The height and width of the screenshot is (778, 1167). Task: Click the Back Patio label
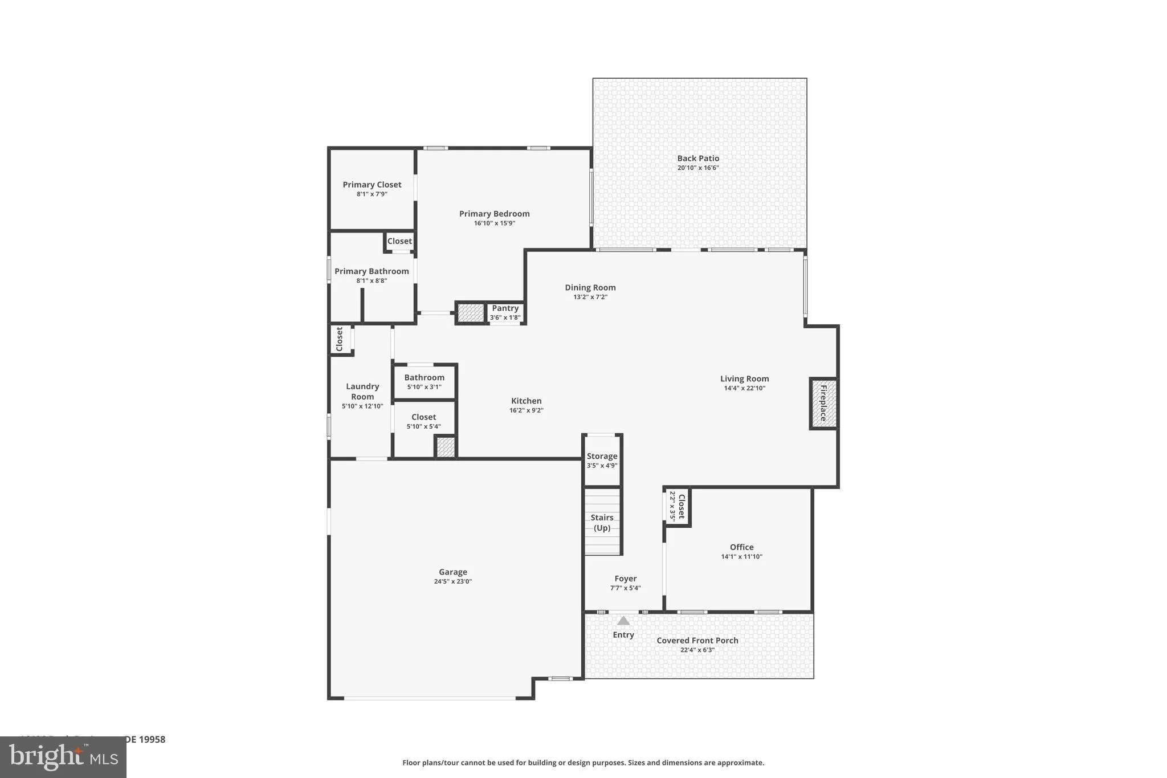coord(698,158)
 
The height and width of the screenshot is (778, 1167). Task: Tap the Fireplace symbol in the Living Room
coord(823,404)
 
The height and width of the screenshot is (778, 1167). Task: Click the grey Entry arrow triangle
coord(623,621)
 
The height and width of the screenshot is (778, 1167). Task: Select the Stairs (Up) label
coord(602,522)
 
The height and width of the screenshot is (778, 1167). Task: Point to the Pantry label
coord(505,308)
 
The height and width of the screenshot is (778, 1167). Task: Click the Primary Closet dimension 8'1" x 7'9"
coord(372,194)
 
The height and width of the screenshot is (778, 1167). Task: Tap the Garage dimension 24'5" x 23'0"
coord(453,582)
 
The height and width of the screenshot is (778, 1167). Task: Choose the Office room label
coord(741,547)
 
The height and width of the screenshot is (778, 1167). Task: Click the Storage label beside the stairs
coord(602,457)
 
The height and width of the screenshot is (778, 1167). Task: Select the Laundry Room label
coord(362,392)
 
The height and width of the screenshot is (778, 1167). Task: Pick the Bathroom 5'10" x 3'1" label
coord(424,378)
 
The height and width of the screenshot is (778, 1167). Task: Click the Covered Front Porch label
coord(697,641)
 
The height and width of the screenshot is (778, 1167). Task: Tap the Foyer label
coord(625,579)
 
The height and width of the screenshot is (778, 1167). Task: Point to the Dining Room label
coord(590,288)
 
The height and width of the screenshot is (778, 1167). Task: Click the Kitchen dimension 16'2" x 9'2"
coord(526,410)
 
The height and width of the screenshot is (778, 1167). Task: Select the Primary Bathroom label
coord(372,271)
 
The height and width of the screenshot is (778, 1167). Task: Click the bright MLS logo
coord(63,757)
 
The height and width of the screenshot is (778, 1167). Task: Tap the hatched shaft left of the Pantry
coord(471,313)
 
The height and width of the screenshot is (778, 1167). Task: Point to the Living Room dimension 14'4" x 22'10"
coord(744,389)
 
